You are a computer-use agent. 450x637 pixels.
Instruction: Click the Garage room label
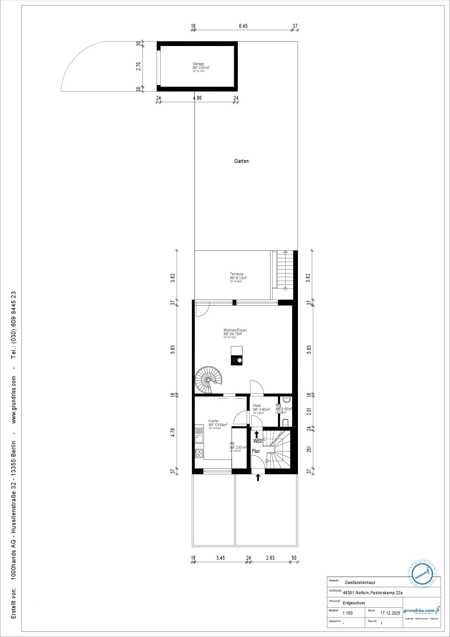(x=198, y=64)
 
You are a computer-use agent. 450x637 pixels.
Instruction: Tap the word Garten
(x=241, y=161)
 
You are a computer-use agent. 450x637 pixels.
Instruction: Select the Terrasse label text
(x=236, y=274)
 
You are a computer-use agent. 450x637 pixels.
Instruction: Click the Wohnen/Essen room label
(x=235, y=330)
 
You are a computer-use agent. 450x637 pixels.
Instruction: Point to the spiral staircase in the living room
(x=208, y=380)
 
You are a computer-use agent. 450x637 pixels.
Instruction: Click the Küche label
(x=213, y=421)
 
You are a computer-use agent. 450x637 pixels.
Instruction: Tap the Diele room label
(x=257, y=406)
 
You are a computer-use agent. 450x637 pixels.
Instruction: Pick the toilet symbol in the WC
(x=286, y=422)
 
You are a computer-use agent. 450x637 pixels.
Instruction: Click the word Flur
(x=256, y=451)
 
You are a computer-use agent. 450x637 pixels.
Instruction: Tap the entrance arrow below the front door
(x=258, y=477)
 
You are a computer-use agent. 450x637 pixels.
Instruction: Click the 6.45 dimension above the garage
(x=243, y=26)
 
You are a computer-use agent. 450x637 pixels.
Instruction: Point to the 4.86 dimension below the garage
(x=197, y=98)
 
